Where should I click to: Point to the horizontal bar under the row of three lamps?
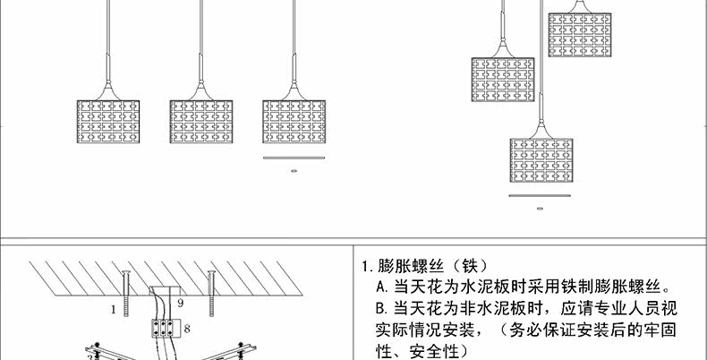coord(292,159)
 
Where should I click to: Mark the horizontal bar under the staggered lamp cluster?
coord(540,196)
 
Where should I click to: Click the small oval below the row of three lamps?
coord(292,169)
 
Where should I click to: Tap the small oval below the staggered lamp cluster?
coord(540,208)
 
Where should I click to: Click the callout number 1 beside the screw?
coord(115,309)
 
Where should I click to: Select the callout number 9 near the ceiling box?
coord(180,304)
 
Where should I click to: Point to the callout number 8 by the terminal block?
coord(187,330)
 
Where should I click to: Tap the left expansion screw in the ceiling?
coord(128,291)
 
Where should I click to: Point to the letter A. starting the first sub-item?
coord(381,287)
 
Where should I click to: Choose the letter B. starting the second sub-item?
coord(381,309)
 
